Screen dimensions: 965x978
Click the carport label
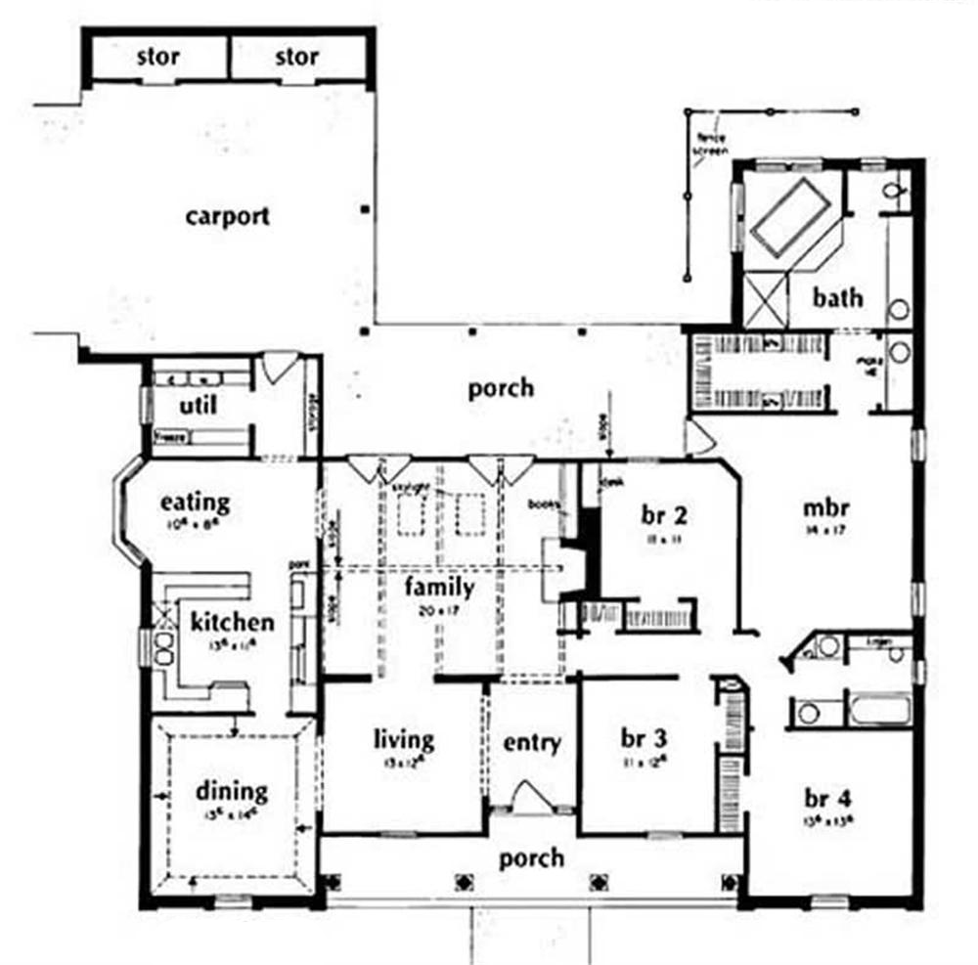click(x=227, y=216)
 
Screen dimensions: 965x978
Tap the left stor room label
click(x=158, y=57)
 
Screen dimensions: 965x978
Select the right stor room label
click(x=296, y=57)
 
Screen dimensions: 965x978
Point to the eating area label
click(x=196, y=503)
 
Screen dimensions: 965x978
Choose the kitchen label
click(x=232, y=622)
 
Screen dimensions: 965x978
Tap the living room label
click(x=402, y=739)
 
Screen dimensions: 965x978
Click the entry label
click(x=532, y=742)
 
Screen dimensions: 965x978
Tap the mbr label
click(x=824, y=508)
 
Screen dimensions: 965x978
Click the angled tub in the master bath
click(x=789, y=216)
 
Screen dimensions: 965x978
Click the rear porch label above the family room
click(x=501, y=388)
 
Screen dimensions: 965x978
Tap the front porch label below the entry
click(x=531, y=858)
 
